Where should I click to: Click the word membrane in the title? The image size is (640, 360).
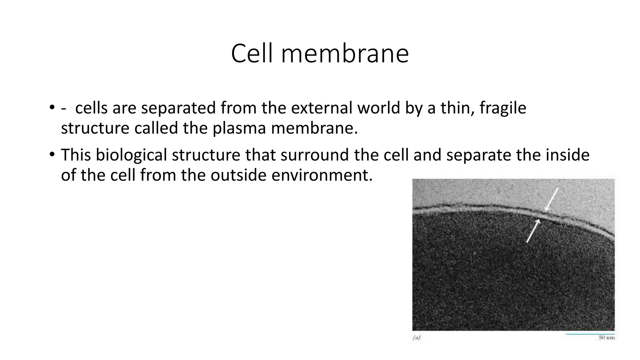345,53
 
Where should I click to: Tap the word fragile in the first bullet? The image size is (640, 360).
503,108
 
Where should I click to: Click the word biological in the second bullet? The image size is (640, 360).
131,155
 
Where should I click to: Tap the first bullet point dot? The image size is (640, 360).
52,107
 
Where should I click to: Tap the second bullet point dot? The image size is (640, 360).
52,154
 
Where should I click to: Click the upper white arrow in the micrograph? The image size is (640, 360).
551,199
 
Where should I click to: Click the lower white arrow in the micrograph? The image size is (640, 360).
533,231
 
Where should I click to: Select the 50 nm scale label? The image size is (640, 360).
607,338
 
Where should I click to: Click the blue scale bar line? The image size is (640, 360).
590,334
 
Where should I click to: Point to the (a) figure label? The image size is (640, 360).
417,337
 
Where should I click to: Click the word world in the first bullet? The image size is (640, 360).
379,108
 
